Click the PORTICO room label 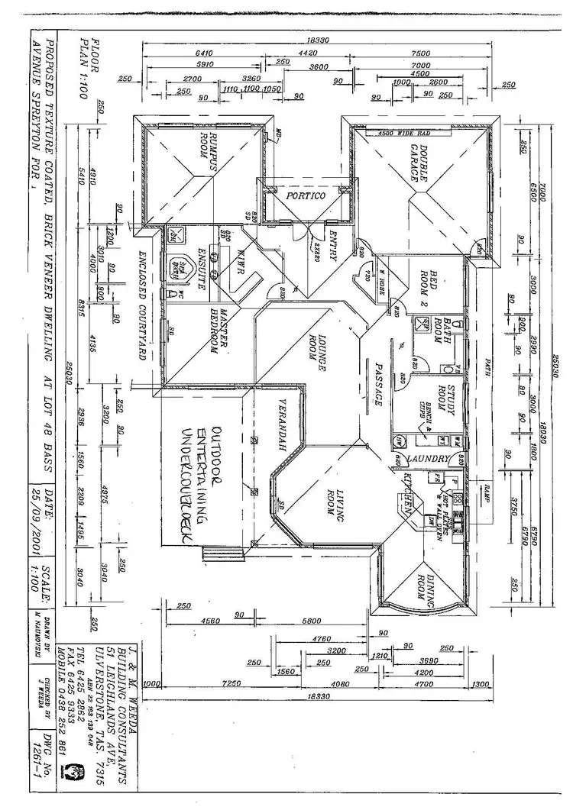[x=306, y=196]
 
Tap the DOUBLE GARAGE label [x=422, y=163]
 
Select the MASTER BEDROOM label [x=222, y=330]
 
